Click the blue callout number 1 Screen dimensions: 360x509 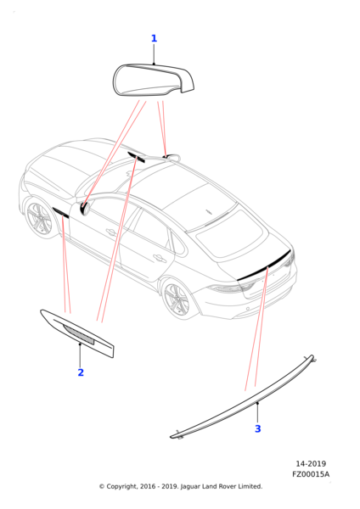[x=154, y=38]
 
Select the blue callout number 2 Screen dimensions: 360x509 [x=81, y=372]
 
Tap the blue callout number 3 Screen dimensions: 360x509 [x=257, y=428]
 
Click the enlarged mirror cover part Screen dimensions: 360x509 [x=154, y=80]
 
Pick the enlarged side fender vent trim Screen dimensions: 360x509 [x=77, y=333]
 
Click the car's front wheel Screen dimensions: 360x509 [x=39, y=218]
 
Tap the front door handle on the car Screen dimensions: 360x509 [x=110, y=232]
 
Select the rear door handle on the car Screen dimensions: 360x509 [x=160, y=258]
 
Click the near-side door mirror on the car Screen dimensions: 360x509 [x=85, y=208]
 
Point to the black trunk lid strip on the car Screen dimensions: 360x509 [x=265, y=266]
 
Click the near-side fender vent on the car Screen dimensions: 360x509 [x=61, y=212]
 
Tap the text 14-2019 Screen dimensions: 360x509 [x=311, y=463]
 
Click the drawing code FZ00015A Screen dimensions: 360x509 [x=311, y=474]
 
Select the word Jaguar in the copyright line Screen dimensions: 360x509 [x=190, y=487]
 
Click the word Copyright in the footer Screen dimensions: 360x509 [x=121, y=487]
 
